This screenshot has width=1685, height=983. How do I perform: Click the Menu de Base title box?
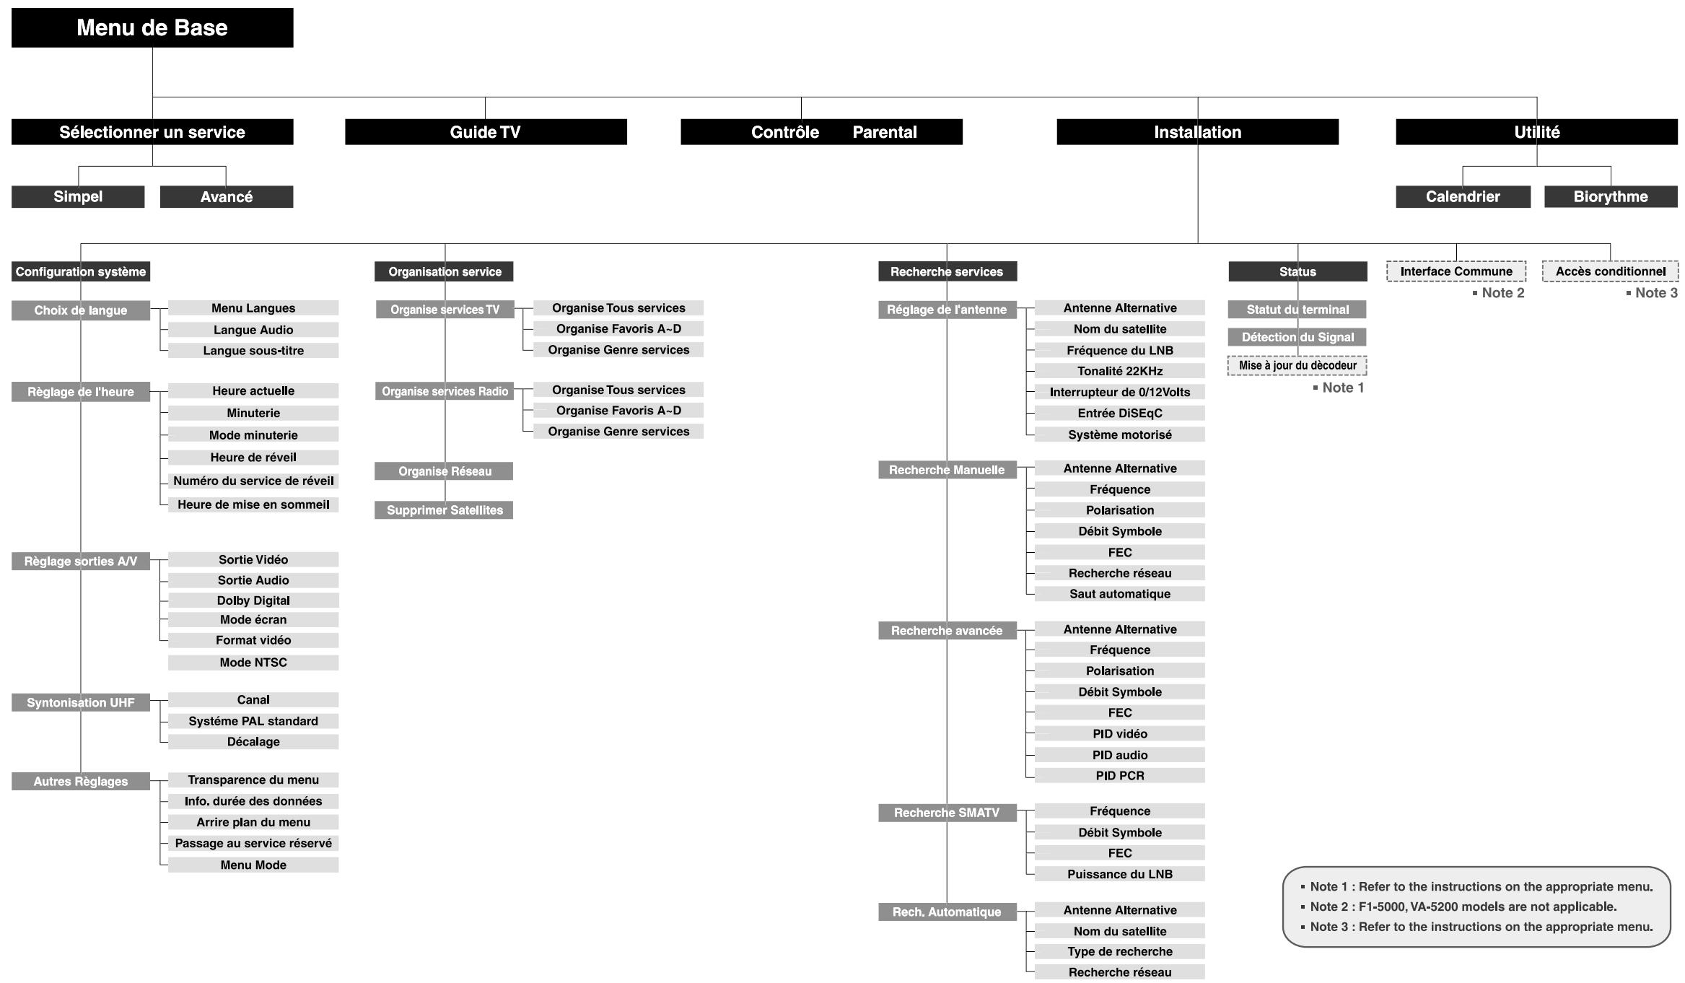(152, 27)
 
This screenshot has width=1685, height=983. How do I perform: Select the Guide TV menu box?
(485, 132)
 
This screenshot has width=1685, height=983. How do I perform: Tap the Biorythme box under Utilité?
(1610, 196)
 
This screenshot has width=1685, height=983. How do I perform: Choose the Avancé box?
(226, 197)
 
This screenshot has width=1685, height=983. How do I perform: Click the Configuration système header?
(81, 271)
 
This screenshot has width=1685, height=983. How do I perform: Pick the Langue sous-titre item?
(253, 351)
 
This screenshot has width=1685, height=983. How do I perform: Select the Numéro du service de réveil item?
(253, 481)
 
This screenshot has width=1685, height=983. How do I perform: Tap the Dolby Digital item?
(253, 600)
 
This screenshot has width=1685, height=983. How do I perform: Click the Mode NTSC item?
(253, 663)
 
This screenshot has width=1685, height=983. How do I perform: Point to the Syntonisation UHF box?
(81, 702)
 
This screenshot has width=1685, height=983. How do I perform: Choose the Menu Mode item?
(253, 865)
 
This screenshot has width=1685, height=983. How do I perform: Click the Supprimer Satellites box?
(445, 510)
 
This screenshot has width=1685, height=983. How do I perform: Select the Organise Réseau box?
(445, 471)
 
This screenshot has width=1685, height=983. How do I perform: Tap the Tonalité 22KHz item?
(1119, 371)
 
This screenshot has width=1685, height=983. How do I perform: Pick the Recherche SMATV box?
(947, 813)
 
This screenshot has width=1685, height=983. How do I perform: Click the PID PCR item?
(1119, 776)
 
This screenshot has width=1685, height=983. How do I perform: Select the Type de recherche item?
(1119, 951)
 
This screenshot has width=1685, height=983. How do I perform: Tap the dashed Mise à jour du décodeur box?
(1297, 365)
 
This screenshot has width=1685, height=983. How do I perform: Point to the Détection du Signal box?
(1297, 337)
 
